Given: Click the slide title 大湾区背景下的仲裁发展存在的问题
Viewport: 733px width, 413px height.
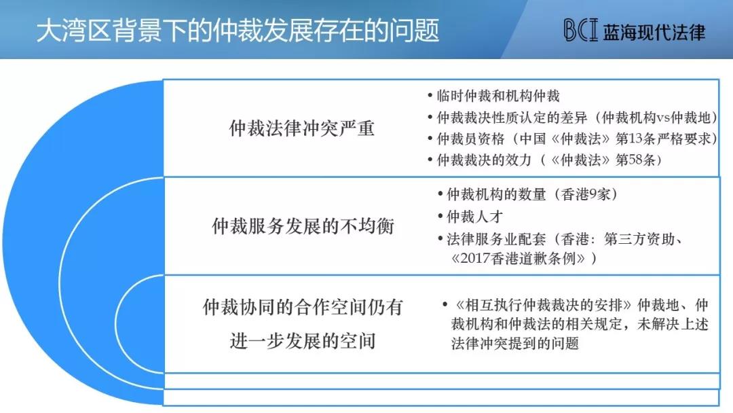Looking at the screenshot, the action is [x=238, y=31].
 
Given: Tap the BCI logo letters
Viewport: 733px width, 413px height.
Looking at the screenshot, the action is [x=580, y=31].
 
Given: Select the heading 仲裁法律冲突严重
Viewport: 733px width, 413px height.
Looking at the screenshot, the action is [x=301, y=128].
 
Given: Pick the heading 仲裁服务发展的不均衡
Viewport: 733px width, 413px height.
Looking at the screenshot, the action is [x=303, y=226].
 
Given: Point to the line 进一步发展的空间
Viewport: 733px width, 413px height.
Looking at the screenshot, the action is [x=303, y=340].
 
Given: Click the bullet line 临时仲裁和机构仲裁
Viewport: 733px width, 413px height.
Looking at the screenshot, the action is [x=498, y=96].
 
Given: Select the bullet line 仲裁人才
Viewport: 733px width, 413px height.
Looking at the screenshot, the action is [x=474, y=216].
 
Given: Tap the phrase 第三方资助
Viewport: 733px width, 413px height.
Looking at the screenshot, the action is [x=639, y=239].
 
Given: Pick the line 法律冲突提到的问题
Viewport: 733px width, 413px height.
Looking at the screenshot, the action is [x=514, y=343].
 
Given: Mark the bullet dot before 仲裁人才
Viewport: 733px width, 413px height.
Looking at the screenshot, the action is [x=440, y=216].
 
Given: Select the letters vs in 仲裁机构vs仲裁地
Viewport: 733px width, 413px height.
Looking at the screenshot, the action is [x=663, y=118].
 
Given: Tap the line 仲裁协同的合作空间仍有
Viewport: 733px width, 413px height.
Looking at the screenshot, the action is [x=303, y=307].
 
